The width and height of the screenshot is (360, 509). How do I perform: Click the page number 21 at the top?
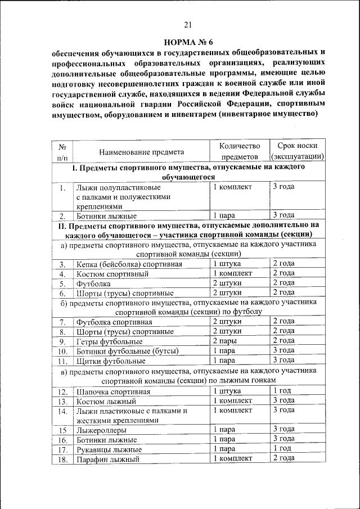click(188, 24)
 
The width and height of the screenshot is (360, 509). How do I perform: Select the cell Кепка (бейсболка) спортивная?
click(129, 264)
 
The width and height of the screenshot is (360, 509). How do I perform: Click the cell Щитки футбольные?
click(107, 361)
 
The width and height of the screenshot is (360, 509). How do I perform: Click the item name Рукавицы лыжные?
click(109, 449)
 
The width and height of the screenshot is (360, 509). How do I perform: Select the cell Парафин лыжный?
click(107, 459)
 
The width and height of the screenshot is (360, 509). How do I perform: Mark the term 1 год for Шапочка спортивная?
click(282, 391)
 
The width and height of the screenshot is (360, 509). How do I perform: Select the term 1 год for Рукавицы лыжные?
click(282, 449)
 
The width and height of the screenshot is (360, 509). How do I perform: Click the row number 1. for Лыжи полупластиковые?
click(62, 187)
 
